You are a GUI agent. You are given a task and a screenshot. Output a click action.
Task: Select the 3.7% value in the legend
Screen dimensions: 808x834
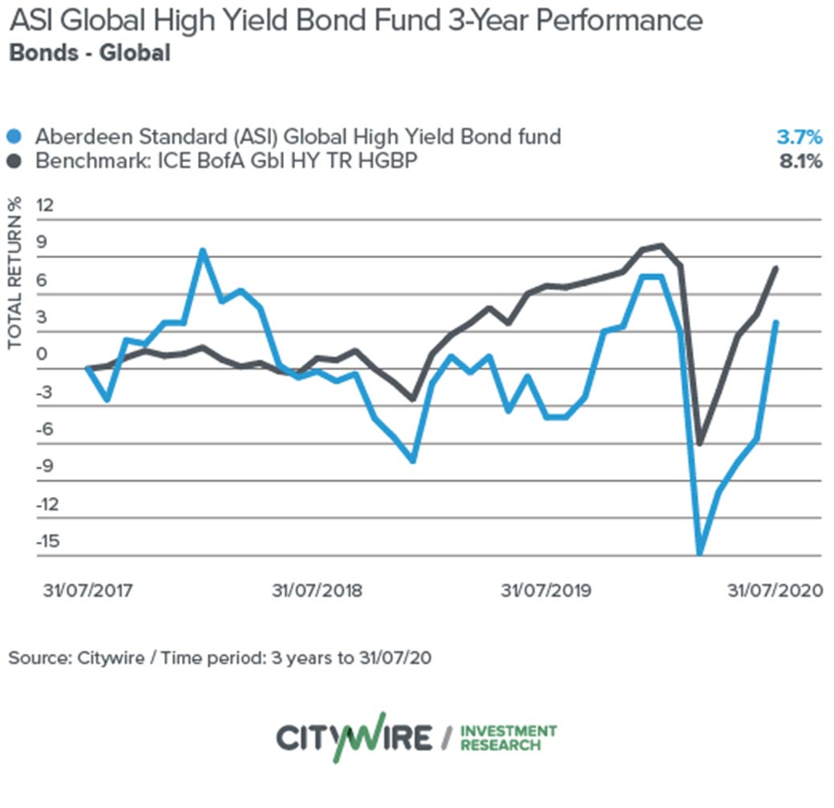coord(801,136)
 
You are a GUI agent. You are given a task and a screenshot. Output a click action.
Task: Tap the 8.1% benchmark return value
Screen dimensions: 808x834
coord(801,161)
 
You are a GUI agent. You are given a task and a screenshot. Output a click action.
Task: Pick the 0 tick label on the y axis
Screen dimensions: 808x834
coord(43,355)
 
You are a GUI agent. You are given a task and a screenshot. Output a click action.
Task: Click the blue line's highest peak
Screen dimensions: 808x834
coord(203,251)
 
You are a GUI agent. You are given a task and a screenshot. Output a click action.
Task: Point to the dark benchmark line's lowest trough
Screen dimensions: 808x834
coord(700,443)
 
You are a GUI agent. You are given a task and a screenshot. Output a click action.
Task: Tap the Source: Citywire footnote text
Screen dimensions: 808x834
coord(220,659)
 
